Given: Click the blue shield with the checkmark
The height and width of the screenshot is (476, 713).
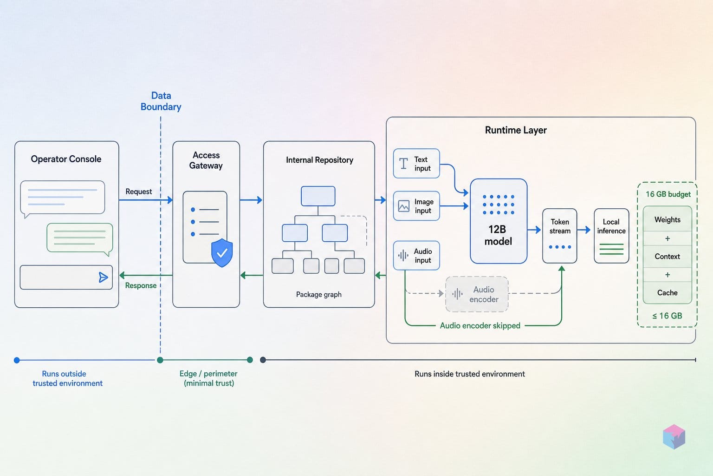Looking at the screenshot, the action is [222, 252].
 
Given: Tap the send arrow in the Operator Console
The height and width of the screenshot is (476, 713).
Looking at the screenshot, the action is [103, 277].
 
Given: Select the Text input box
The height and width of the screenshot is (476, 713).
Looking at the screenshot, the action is [416, 164].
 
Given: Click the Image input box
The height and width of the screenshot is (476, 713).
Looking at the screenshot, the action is [416, 206].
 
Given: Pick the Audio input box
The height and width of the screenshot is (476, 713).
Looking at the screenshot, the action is [416, 255].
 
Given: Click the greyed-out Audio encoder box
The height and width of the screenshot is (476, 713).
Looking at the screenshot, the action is [477, 294].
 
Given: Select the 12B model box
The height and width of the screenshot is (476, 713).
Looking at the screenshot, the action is [499, 221].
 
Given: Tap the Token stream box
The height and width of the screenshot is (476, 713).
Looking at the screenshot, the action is [559, 236].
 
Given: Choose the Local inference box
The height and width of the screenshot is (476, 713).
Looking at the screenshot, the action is [611, 236].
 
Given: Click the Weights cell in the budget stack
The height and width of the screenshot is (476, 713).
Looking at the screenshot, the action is [668, 219].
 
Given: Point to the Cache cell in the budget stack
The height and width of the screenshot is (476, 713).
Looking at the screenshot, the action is [668, 293].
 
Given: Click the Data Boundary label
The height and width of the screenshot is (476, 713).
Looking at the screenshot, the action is [161, 101].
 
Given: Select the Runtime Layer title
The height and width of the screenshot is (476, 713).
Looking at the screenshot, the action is [516, 130].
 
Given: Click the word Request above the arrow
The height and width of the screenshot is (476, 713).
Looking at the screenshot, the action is [138, 192].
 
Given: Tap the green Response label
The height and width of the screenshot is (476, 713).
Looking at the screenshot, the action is [141, 285].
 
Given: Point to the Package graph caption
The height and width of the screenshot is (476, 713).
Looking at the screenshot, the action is [318, 294].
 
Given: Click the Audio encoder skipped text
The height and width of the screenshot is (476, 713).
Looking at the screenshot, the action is [480, 325].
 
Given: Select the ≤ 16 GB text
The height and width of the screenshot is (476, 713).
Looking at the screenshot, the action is [667, 316].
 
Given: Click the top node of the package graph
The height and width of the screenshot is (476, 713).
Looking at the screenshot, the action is [318, 196].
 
